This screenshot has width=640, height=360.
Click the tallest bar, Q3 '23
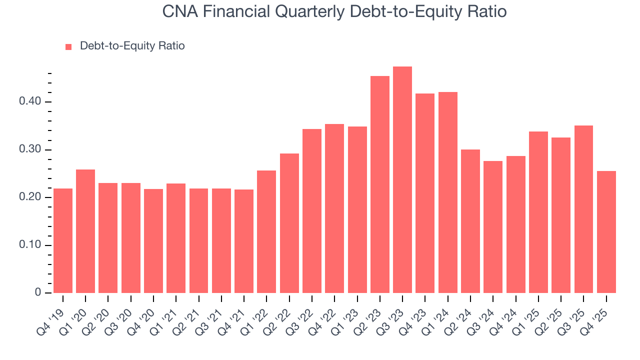click(x=402, y=180)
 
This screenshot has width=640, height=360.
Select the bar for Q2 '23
click(x=380, y=184)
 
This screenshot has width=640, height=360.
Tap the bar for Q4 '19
click(x=63, y=240)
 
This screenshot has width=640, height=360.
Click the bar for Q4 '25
click(x=606, y=232)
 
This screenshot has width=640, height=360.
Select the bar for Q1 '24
click(x=448, y=192)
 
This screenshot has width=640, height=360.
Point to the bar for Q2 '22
click(x=289, y=223)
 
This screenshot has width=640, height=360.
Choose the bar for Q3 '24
click(x=493, y=227)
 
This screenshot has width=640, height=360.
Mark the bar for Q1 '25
click(x=538, y=212)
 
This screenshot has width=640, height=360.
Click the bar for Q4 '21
click(x=244, y=241)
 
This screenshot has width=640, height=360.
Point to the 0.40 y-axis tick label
click(x=29, y=102)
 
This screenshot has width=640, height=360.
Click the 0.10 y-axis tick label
click(x=29, y=245)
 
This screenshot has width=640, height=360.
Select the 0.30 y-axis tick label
click(x=29, y=150)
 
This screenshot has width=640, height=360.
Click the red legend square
click(x=68, y=46)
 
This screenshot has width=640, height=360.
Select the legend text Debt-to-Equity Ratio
click(x=132, y=46)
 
